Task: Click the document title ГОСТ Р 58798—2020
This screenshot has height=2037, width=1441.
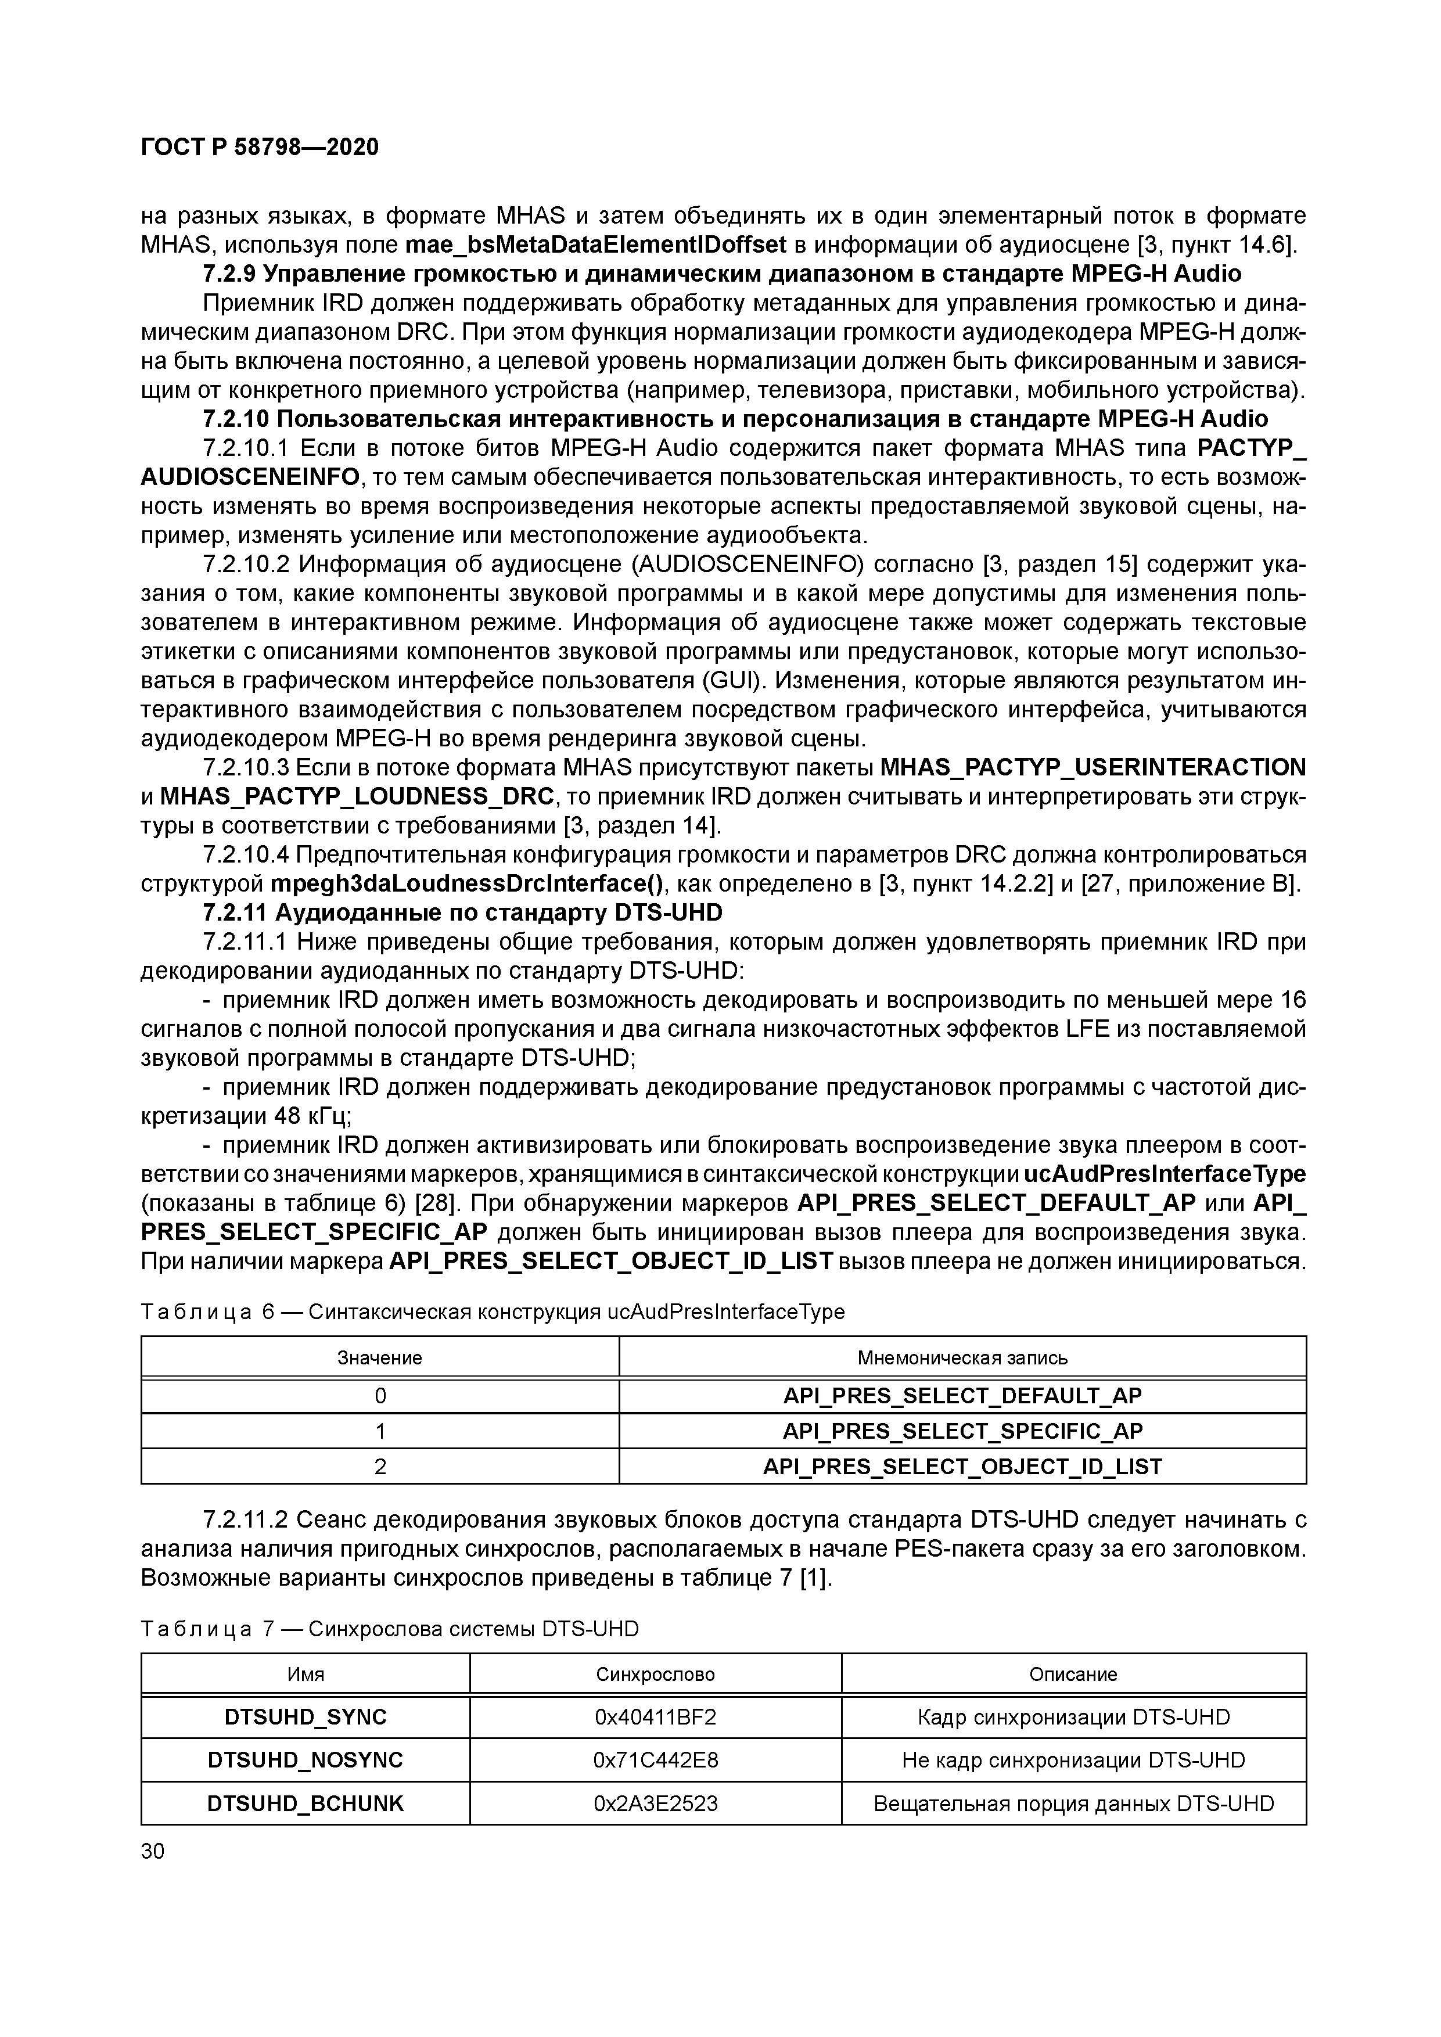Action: point(259,148)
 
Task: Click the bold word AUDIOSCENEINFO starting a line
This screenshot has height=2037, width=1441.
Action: point(250,478)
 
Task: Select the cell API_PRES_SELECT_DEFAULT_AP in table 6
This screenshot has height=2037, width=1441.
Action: point(962,1396)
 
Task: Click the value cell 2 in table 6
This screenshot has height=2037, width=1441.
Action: point(380,1467)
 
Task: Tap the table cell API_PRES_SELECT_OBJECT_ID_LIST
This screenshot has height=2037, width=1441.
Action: point(962,1467)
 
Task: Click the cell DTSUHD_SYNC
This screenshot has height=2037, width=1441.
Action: point(306,1717)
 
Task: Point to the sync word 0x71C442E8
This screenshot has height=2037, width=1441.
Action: point(655,1759)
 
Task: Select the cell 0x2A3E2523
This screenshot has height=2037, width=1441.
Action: point(655,1803)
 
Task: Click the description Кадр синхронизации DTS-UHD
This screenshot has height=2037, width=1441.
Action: point(1074,1717)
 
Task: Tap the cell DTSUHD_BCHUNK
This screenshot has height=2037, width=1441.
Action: point(306,1803)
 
